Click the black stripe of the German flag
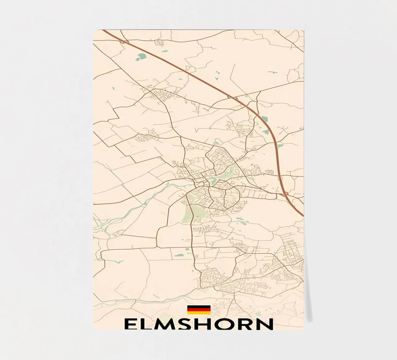[199, 307]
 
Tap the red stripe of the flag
[199, 309]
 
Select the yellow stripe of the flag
[199, 313]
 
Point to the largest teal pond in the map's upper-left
[142, 56]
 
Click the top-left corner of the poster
[94, 30]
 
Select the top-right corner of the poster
[304, 30]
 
